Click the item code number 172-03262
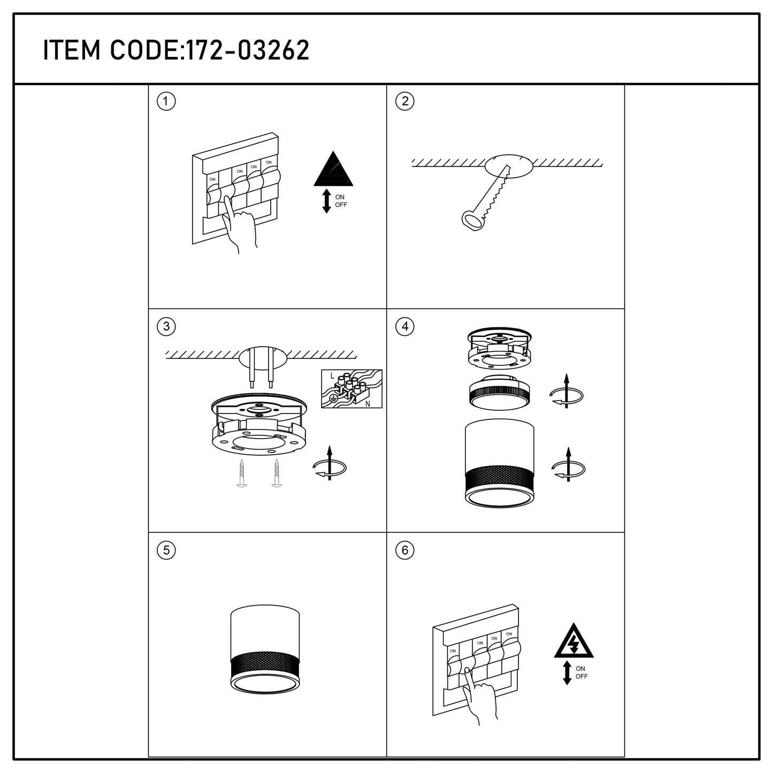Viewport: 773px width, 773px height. coord(248,50)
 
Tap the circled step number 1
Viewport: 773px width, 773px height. coord(166,102)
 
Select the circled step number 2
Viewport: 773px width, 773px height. coord(405,101)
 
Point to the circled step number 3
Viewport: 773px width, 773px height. coord(166,326)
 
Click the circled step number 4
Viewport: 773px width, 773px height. coord(405,326)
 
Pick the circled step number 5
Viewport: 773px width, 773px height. coord(166,550)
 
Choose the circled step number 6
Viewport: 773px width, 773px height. coord(405,550)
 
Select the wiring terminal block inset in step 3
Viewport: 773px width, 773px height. coord(351,389)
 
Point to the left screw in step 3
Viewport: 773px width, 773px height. coord(241,473)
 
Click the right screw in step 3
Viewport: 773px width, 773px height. coord(277,473)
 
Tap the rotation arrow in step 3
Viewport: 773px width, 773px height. coord(330,463)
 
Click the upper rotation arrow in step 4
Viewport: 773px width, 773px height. coord(566,392)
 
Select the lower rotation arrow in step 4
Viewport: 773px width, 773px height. coord(568,464)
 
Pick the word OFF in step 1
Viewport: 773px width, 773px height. coord(341,204)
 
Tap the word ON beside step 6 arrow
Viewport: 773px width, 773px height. coord(580,668)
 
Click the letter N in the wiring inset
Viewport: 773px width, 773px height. coord(368,404)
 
